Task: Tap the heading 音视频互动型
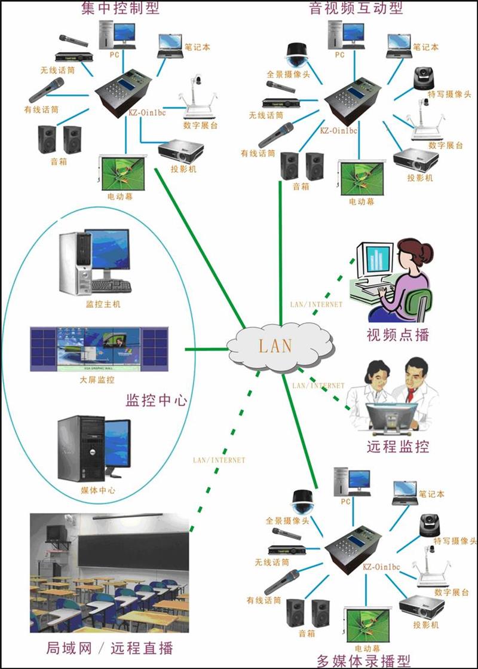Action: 356,8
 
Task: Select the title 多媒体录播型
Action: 363,661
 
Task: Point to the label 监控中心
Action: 156,400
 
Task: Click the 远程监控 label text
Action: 398,446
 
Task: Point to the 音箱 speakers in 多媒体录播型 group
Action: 307,613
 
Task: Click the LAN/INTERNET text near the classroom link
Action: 219,460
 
